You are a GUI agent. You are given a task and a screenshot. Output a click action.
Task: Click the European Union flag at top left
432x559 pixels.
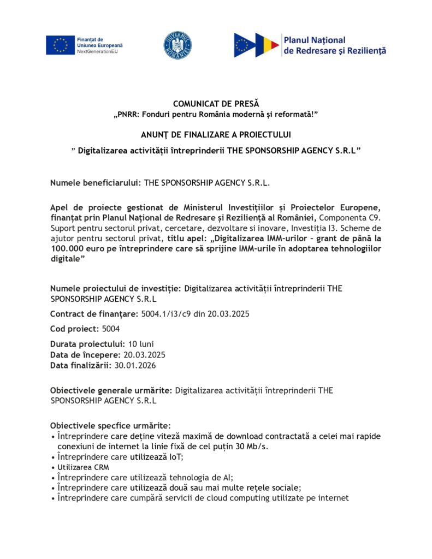60,45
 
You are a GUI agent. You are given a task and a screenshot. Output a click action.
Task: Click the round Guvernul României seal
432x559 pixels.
177,45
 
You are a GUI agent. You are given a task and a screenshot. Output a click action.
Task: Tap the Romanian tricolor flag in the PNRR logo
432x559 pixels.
267,45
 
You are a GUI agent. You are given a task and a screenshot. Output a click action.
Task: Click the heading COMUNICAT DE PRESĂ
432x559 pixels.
216,104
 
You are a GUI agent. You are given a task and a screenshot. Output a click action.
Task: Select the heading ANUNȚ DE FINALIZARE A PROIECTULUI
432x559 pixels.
216,135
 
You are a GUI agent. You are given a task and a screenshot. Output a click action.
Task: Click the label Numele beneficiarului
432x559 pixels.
96,183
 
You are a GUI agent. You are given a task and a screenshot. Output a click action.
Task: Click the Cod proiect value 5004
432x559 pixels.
111,329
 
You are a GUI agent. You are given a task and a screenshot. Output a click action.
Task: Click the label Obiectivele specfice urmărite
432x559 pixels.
110,425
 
